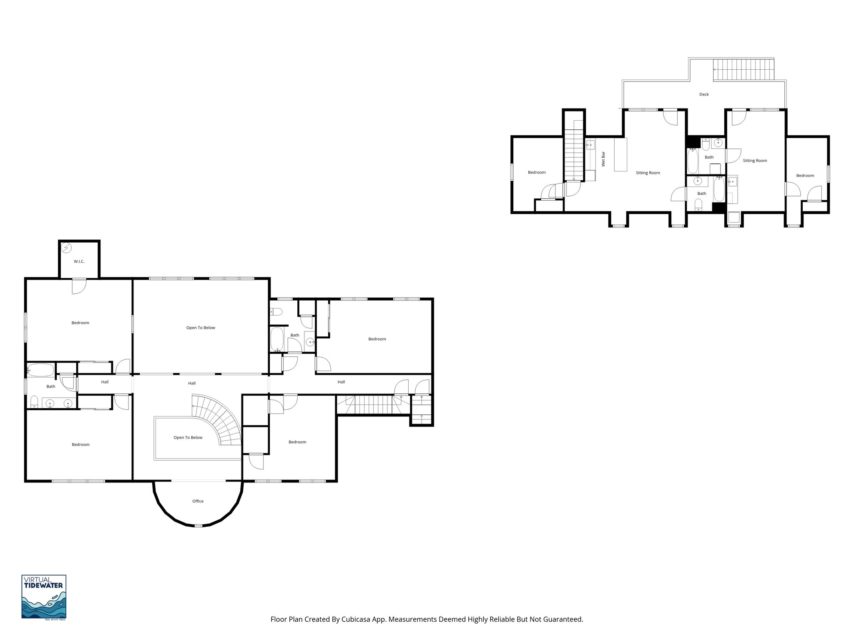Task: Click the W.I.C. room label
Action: pyautogui.click(x=79, y=262)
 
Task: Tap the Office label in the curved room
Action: pyautogui.click(x=198, y=501)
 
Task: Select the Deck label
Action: pyautogui.click(x=704, y=94)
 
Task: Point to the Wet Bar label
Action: pyautogui.click(x=603, y=159)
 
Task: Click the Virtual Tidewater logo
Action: pyautogui.click(x=44, y=597)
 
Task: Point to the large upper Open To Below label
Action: pyautogui.click(x=201, y=328)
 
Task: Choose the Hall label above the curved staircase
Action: pyautogui.click(x=192, y=383)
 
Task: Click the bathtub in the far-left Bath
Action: pyautogui.click(x=41, y=370)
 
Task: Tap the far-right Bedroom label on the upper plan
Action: pyautogui.click(x=805, y=176)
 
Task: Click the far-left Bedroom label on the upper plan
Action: pyautogui.click(x=537, y=172)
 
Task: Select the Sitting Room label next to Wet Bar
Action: pyautogui.click(x=648, y=173)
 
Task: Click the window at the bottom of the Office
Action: pyautogui.click(x=198, y=525)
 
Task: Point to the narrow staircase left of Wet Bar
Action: pyautogui.click(x=574, y=150)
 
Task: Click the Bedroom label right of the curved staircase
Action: pyautogui.click(x=297, y=442)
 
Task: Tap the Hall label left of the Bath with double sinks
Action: pyautogui.click(x=105, y=382)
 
